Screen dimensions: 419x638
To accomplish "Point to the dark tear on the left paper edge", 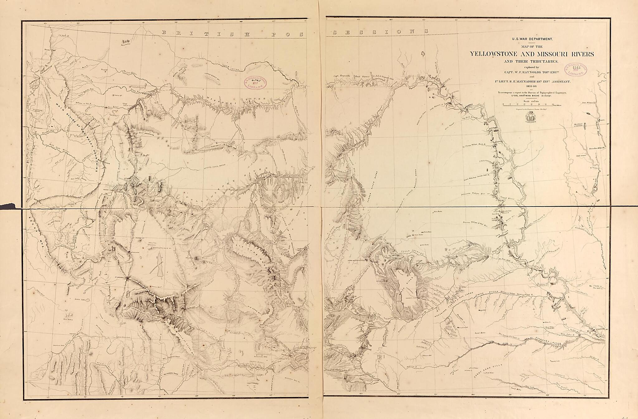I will click(x=8, y=205).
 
